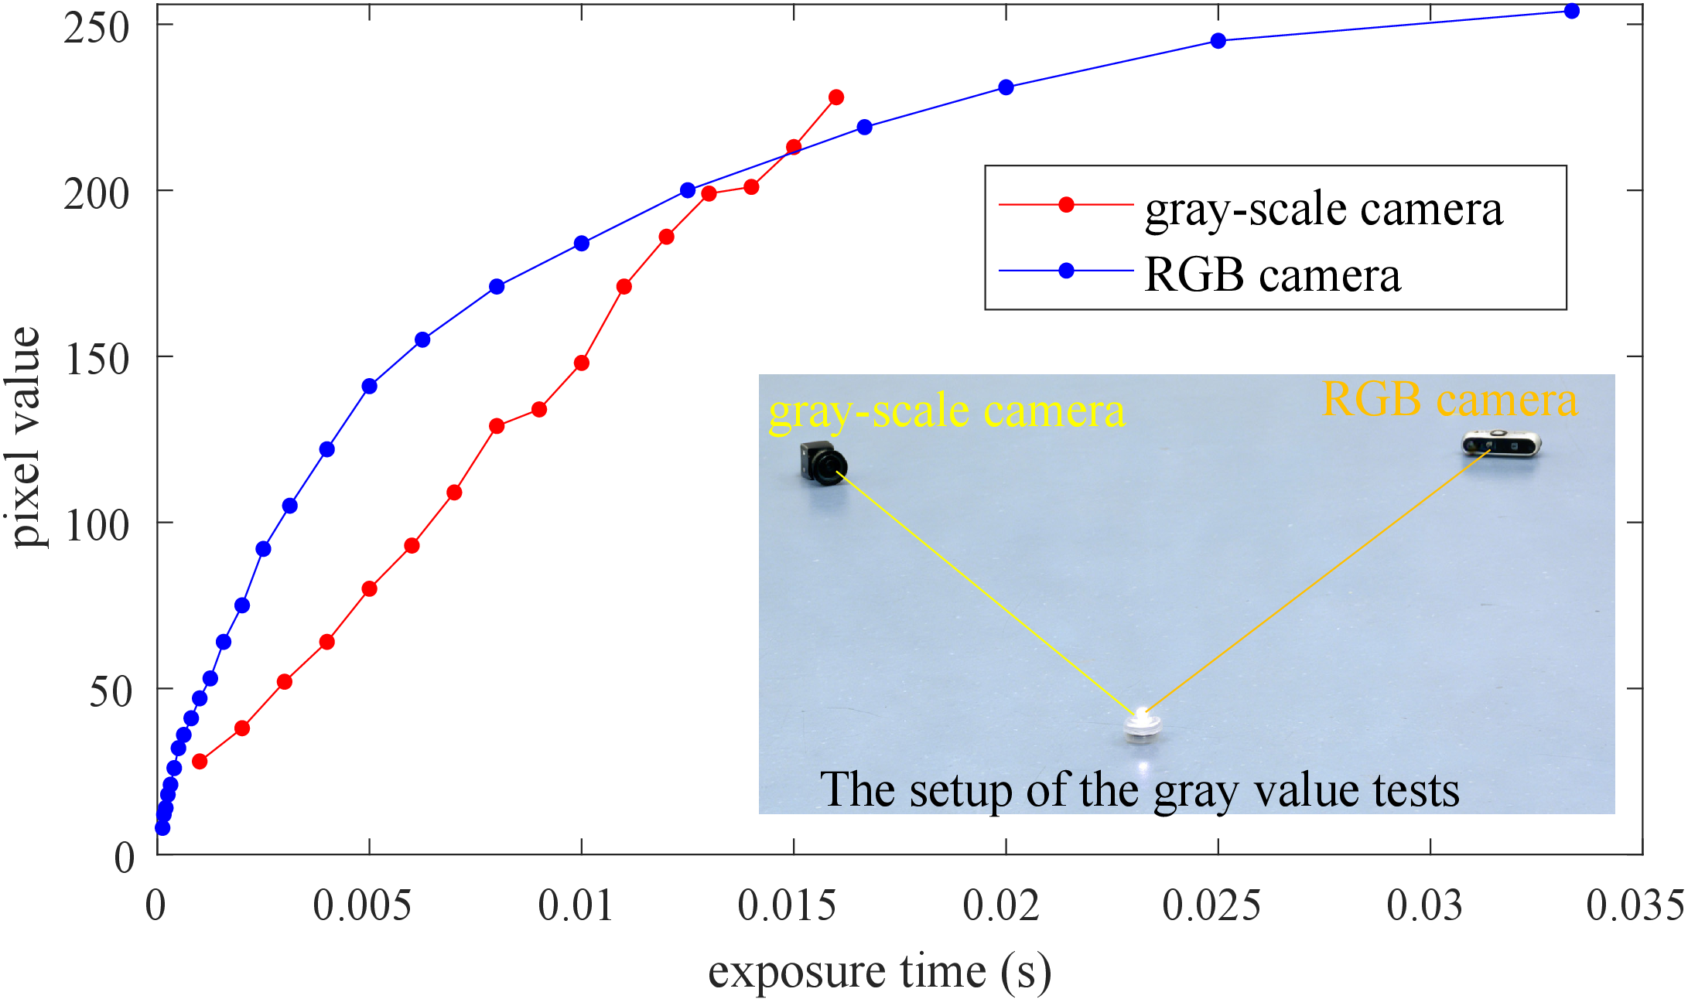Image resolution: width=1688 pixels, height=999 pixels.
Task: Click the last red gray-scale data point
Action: pyautogui.click(x=835, y=97)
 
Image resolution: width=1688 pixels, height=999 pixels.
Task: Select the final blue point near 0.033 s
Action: pyautogui.click(x=1571, y=11)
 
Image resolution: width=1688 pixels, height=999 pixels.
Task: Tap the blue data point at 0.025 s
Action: pyautogui.click(x=1218, y=41)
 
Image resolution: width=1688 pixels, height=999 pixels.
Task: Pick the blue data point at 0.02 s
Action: pyautogui.click(x=1006, y=87)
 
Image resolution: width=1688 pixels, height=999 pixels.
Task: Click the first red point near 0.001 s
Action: pyautogui.click(x=200, y=762)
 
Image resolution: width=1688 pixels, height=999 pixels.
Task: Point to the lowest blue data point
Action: pyautogui.click(x=162, y=828)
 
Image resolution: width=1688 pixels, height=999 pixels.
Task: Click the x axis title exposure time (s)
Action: pyautogui.click(x=880, y=972)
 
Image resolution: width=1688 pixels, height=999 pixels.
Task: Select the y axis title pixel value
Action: pyautogui.click(x=26, y=437)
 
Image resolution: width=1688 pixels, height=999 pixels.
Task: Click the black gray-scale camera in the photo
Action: pyautogui.click(x=823, y=463)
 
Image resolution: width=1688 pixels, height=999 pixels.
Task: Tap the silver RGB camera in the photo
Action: pyautogui.click(x=1501, y=445)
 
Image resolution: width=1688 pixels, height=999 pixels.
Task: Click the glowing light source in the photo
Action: pyautogui.click(x=1142, y=725)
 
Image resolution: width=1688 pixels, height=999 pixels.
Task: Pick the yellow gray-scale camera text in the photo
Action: pyautogui.click(x=946, y=411)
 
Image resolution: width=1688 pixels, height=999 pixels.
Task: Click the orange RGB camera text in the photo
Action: pyautogui.click(x=1450, y=400)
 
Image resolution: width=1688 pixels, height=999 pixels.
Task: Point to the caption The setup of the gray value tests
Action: pyautogui.click(x=1140, y=790)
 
